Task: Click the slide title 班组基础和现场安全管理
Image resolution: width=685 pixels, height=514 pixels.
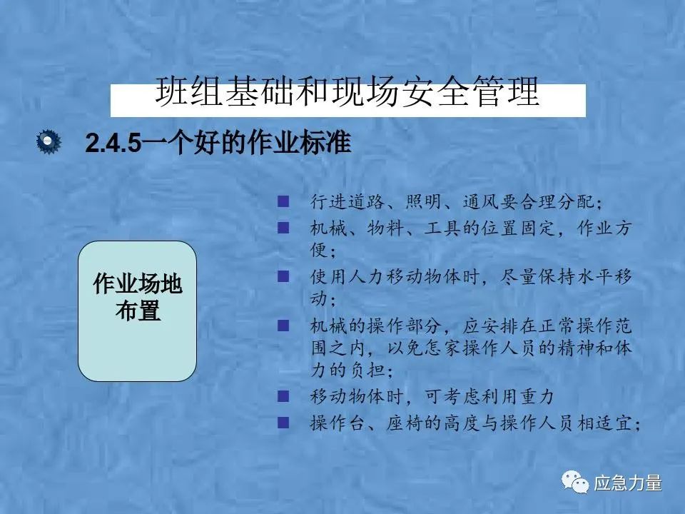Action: pos(347,91)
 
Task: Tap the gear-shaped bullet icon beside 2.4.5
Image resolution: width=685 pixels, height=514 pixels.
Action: pos(49,141)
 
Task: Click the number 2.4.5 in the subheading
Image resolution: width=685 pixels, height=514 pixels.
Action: pos(113,143)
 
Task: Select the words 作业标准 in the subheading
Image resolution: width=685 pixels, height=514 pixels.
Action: pos(299,142)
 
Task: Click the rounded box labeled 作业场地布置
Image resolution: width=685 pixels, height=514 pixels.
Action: pos(137,311)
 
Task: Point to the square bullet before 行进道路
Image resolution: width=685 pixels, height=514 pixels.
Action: pos(283,201)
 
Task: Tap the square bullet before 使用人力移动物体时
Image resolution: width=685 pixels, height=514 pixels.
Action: pos(283,276)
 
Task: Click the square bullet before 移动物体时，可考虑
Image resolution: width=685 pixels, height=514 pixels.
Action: pos(283,396)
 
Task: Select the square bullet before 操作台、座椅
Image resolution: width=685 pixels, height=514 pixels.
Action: pos(283,422)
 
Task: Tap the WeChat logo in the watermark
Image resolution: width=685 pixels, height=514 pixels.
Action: pos(575,482)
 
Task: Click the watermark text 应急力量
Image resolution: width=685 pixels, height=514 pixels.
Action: pos(628,483)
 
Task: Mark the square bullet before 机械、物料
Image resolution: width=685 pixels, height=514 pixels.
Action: pos(283,227)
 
